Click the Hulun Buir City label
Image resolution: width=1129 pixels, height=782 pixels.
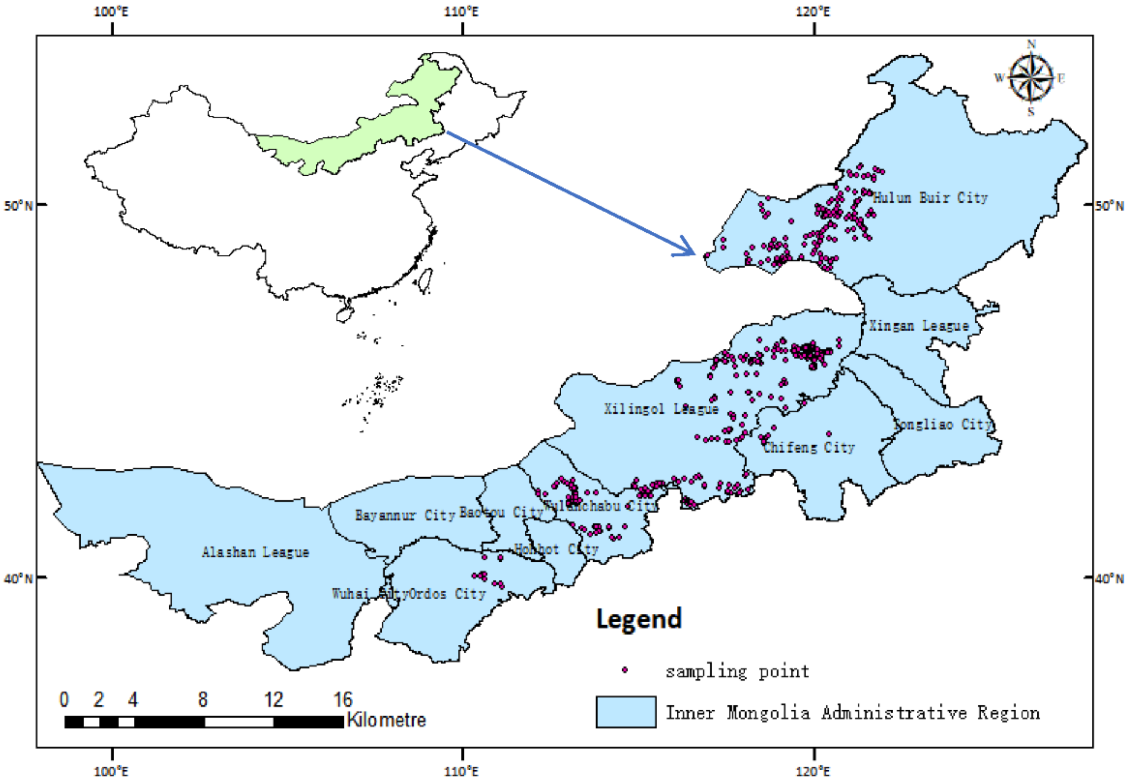[930, 198]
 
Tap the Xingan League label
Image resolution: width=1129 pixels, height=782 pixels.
[919, 326]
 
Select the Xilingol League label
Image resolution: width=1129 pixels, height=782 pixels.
[661, 409]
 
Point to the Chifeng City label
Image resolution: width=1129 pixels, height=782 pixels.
[808, 447]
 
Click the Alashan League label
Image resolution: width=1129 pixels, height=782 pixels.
[255, 552]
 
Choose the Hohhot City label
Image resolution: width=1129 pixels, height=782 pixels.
[556, 549]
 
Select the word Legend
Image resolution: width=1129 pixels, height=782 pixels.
[638, 619]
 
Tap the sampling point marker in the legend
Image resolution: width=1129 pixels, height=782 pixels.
[625, 670]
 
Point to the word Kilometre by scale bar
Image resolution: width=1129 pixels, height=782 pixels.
[386, 720]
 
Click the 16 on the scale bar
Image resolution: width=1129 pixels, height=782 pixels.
[343, 699]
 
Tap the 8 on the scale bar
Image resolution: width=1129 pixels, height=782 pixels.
[202, 699]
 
